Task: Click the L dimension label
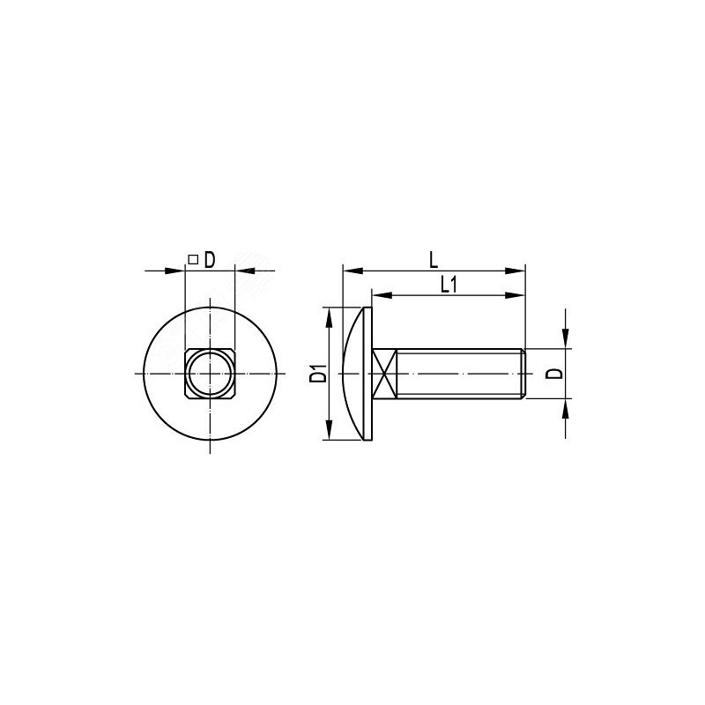coord(434,260)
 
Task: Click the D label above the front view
coord(210,260)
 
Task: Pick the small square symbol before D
coord(193,259)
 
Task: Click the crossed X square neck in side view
coord(384,373)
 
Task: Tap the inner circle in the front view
coord(210,373)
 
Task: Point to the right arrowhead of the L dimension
coord(515,271)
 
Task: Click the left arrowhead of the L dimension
coord(353,271)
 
